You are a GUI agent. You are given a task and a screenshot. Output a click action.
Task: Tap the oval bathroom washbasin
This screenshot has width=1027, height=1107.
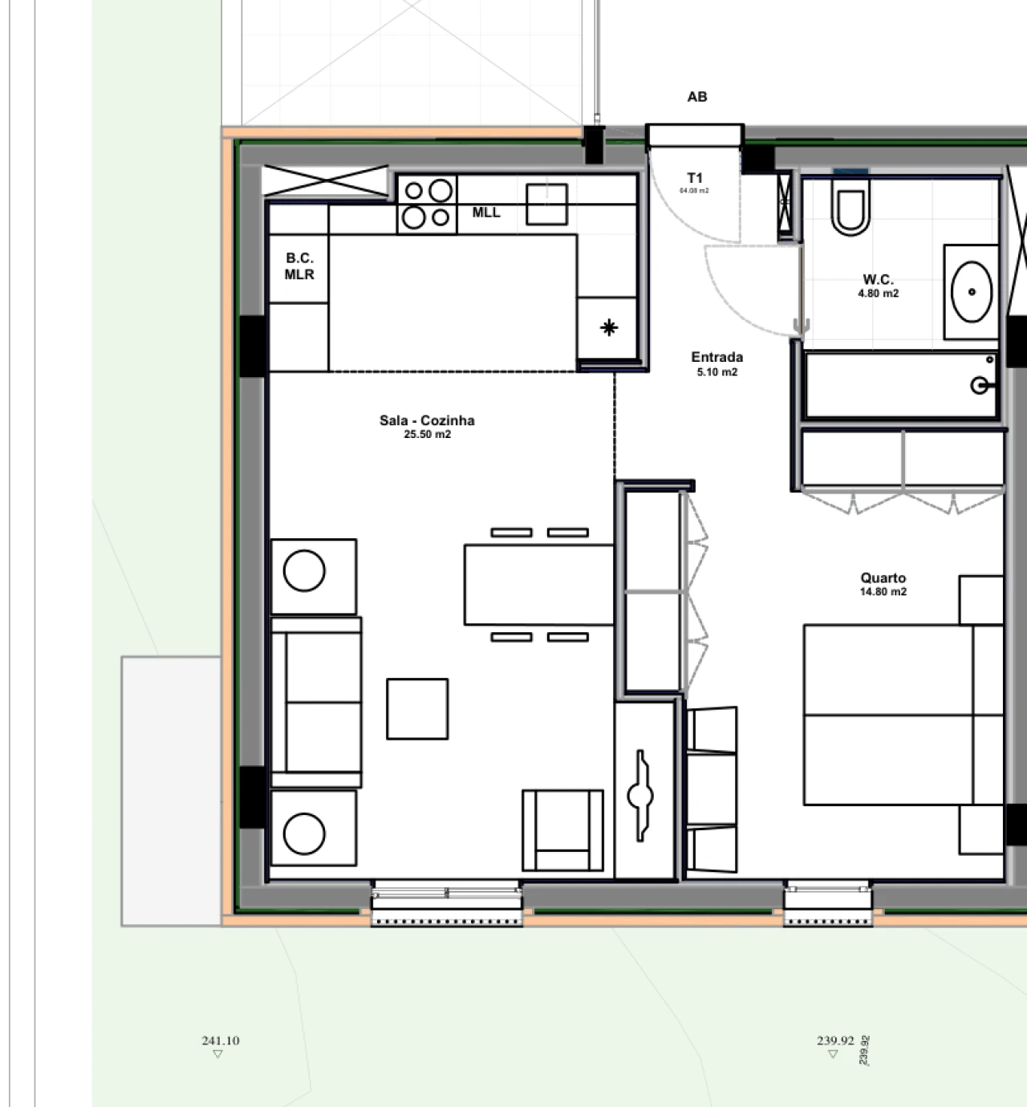pyautogui.click(x=972, y=290)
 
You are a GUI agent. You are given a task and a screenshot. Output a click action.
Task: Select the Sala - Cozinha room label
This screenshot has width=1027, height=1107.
pyautogui.click(x=427, y=420)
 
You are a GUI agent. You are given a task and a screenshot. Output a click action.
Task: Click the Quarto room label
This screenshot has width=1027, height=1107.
pyautogui.click(x=883, y=578)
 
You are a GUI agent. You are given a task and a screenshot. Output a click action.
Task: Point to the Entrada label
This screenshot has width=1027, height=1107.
pyautogui.click(x=716, y=357)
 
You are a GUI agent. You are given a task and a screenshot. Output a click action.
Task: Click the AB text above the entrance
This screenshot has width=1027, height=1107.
pyautogui.click(x=697, y=97)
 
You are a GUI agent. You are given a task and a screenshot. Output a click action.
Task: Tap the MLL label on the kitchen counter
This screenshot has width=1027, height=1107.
pyautogui.click(x=486, y=213)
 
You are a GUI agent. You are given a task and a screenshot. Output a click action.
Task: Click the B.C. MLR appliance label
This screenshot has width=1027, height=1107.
pyautogui.click(x=299, y=266)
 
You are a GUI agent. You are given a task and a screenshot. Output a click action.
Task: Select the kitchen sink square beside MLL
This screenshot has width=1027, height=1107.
pyautogui.click(x=546, y=204)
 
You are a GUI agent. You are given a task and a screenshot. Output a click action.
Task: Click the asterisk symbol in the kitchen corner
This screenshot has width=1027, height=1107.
pyautogui.click(x=609, y=327)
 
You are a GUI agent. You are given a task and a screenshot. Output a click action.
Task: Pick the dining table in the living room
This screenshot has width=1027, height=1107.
pyautogui.click(x=539, y=585)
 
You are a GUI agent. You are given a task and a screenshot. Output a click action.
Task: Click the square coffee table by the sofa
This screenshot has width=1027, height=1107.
pyautogui.click(x=417, y=708)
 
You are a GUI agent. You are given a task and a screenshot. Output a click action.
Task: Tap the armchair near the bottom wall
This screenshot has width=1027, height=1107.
pyautogui.click(x=562, y=829)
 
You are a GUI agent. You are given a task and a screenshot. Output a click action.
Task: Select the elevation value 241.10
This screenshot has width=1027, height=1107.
pyautogui.click(x=221, y=1040)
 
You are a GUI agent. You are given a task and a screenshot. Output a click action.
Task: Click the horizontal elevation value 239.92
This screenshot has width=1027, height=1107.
pyautogui.click(x=835, y=1040)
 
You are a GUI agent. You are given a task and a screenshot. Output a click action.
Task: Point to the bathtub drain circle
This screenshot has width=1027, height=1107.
pyautogui.click(x=980, y=386)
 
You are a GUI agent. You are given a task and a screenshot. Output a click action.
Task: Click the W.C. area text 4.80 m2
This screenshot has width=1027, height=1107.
pyautogui.click(x=878, y=294)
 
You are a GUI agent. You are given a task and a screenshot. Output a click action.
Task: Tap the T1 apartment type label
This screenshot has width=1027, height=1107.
pyautogui.click(x=695, y=178)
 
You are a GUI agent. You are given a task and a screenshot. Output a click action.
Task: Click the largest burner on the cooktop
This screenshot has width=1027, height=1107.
pyautogui.click(x=440, y=190)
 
